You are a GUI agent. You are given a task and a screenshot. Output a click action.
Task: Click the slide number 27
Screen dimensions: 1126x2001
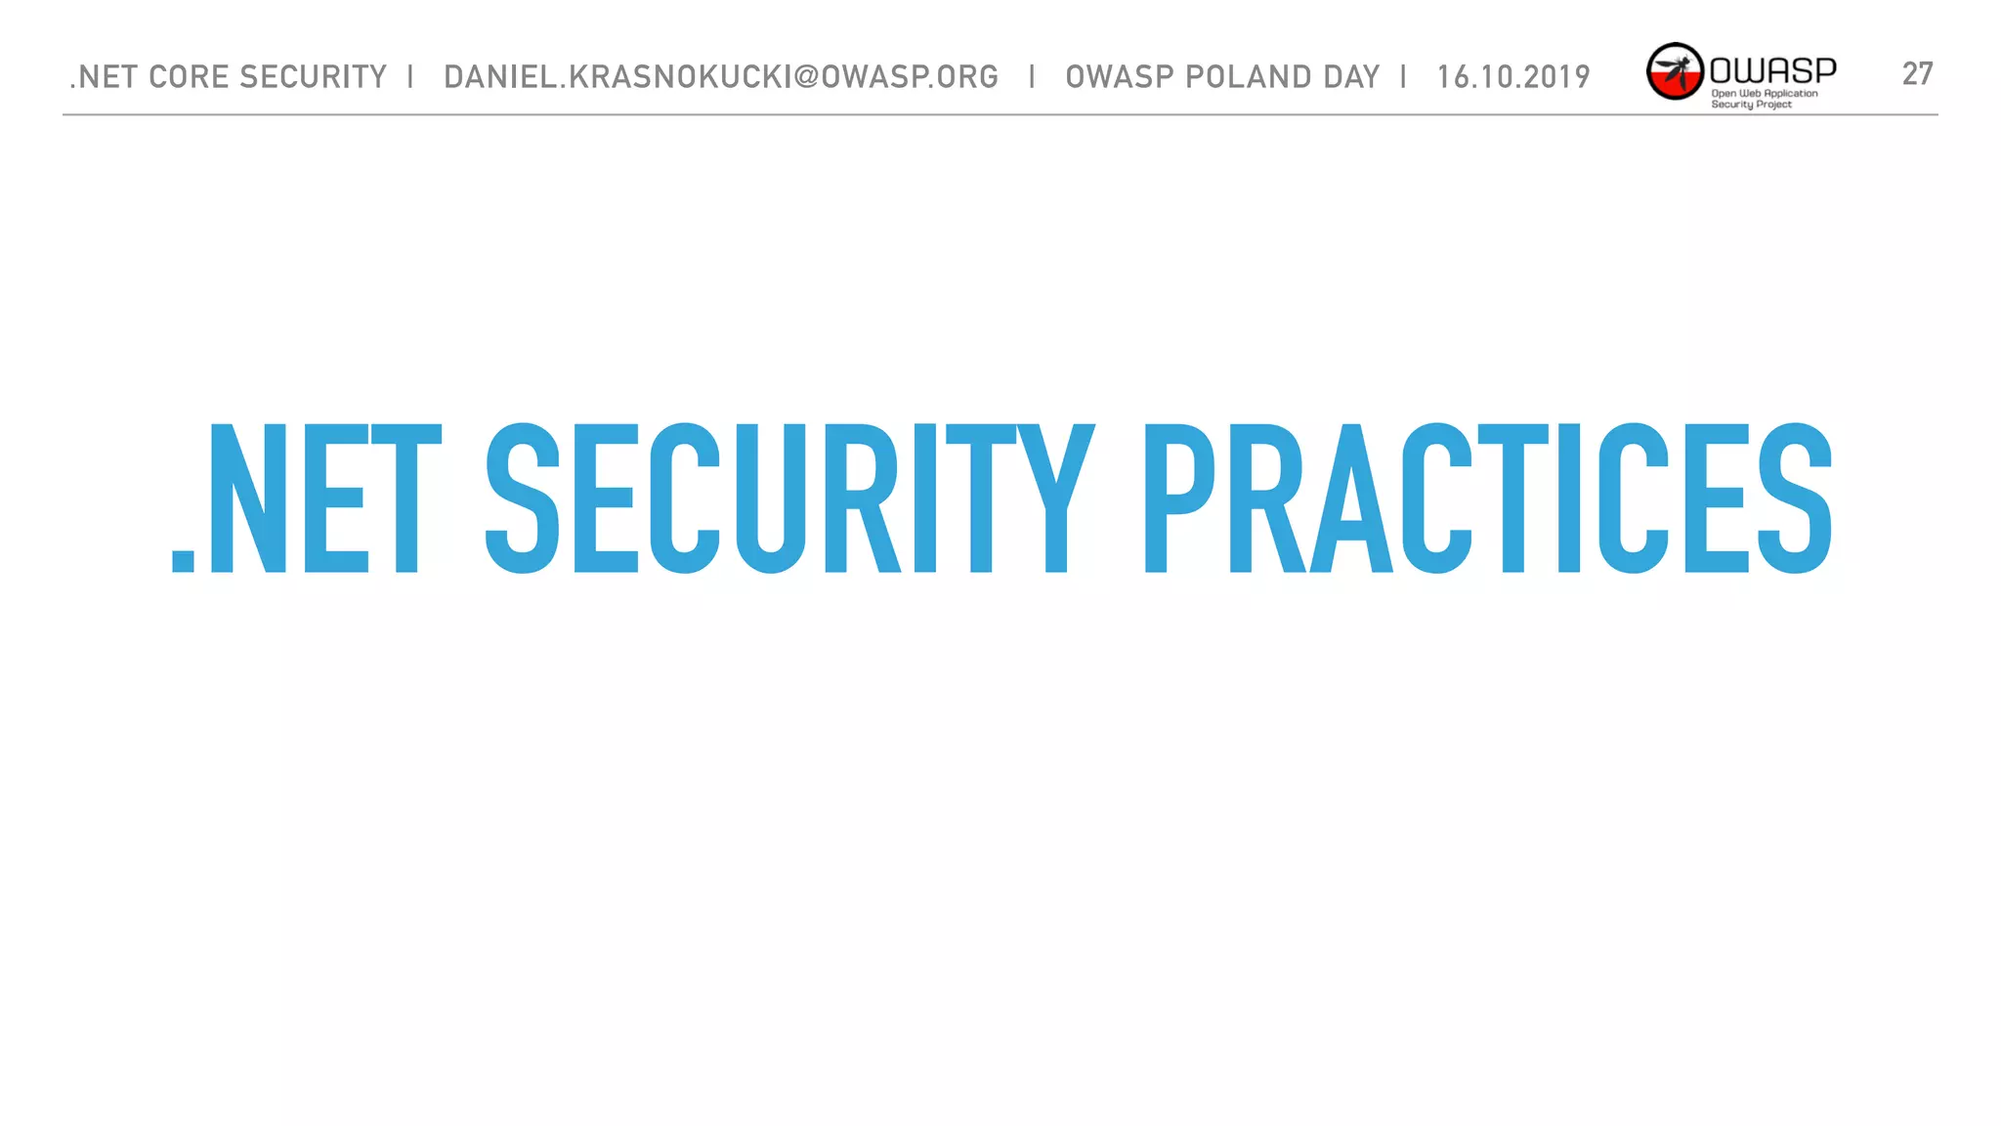[1917, 73]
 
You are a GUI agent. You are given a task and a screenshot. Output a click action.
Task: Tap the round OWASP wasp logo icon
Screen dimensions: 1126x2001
[1675, 71]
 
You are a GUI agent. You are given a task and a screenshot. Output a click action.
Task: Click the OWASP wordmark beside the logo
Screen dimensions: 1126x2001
[1772, 69]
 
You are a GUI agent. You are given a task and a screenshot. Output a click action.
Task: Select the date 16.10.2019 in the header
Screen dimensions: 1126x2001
[1513, 76]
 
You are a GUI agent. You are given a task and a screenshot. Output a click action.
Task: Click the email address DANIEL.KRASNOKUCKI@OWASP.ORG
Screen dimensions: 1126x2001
[721, 76]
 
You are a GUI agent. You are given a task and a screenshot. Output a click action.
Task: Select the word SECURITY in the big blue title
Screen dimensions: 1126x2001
[789, 498]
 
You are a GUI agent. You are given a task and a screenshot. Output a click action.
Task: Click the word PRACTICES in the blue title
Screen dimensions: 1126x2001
[1487, 498]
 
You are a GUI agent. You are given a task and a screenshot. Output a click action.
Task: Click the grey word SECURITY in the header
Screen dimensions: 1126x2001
[313, 76]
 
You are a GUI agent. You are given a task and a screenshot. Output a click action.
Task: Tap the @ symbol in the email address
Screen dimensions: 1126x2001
[806, 76]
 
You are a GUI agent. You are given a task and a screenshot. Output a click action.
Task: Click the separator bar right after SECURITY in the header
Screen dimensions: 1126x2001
[411, 76]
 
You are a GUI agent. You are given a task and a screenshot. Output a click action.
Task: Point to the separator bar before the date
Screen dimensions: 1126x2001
[1404, 76]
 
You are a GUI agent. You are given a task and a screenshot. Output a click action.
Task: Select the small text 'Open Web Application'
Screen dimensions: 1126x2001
[1764, 94]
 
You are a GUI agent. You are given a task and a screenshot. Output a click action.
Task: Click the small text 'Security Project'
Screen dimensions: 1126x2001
[1751, 105]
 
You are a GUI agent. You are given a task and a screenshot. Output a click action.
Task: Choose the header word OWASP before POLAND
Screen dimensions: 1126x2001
[1120, 76]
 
